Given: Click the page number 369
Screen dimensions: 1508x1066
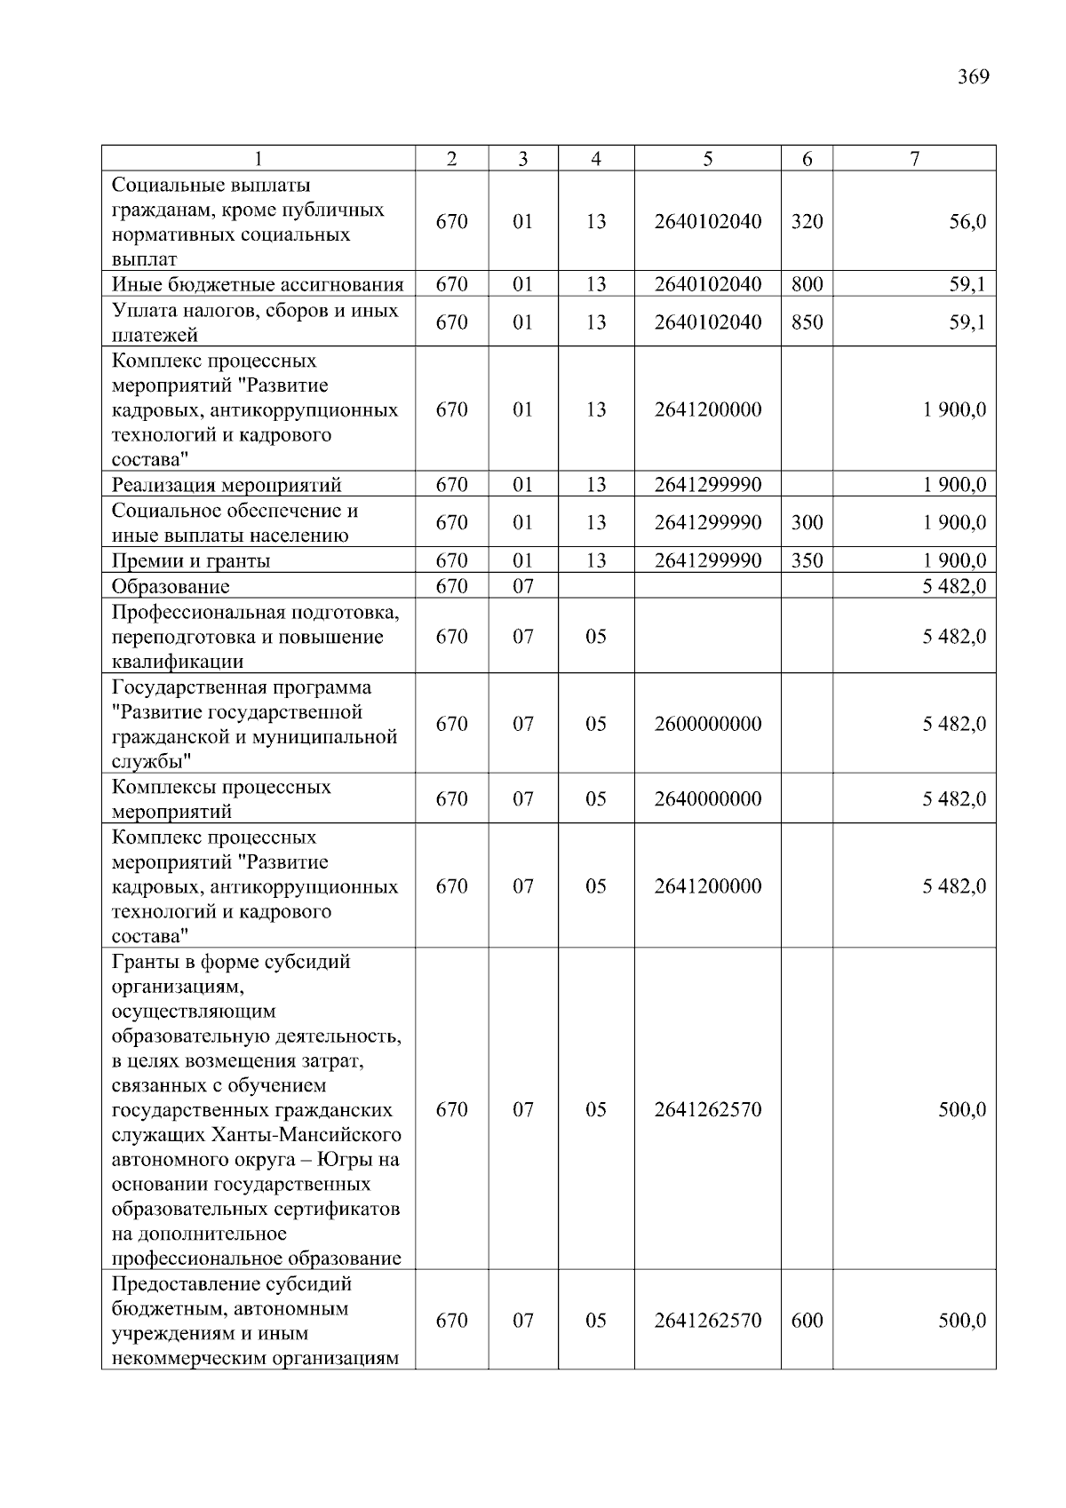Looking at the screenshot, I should pyautogui.click(x=973, y=77).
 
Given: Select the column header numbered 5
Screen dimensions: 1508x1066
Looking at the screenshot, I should pyautogui.click(x=707, y=159).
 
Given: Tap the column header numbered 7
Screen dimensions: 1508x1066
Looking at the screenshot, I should pyautogui.click(x=914, y=159).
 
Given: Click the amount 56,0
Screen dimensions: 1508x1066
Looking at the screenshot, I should pyautogui.click(x=967, y=222).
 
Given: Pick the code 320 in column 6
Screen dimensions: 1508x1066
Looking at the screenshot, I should pyautogui.click(x=807, y=222).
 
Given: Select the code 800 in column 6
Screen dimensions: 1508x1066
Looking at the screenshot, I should pyautogui.click(x=807, y=285).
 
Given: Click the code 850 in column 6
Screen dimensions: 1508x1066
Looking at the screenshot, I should pyautogui.click(x=807, y=322).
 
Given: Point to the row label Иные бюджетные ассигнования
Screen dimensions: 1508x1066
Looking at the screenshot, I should pyautogui.click(x=258, y=285).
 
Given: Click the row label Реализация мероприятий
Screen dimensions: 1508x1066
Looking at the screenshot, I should pyautogui.click(x=227, y=485).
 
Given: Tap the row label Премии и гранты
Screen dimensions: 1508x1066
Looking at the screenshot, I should pyautogui.click(x=191, y=561).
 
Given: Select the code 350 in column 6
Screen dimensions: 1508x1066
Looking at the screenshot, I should pyautogui.click(x=807, y=561).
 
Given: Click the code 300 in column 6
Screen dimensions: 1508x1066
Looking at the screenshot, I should pyautogui.click(x=807, y=523).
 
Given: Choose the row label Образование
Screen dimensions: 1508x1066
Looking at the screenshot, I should pyautogui.click(x=171, y=587).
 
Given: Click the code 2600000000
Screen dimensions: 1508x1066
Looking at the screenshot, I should pyautogui.click(x=707, y=725).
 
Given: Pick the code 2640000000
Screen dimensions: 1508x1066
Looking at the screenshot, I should pyautogui.click(x=707, y=799).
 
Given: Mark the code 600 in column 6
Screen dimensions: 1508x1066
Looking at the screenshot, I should pyautogui.click(x=807, y=1321).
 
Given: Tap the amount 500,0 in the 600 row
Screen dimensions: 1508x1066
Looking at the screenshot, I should pyautogui.click(x=961, y=1321).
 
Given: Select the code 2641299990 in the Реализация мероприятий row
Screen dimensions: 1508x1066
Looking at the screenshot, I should pyautogui.click(x=707, y=485).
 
